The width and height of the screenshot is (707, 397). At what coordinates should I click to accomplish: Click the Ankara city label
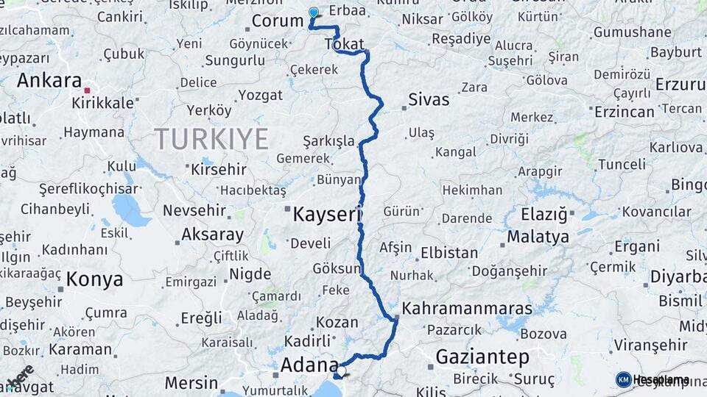click(49, 80)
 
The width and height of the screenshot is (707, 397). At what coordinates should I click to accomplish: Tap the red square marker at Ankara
click(87, 90)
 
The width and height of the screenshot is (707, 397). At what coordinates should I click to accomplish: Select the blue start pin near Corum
click(313, 13)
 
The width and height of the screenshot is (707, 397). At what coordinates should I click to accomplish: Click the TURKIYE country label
click(211, 137)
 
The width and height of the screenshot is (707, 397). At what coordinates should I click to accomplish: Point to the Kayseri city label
click(326, 214)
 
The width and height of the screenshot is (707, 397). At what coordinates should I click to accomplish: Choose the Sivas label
click(428, 99)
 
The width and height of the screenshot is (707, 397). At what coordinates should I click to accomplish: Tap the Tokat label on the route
click(344, 45)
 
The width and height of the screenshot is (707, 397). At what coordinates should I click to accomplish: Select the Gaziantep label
click(482, 357)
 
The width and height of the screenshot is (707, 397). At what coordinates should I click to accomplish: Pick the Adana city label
click(309, 365)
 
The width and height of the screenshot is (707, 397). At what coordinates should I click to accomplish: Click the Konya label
click(94, 279)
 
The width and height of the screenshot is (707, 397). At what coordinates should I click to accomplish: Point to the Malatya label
click(538, 237)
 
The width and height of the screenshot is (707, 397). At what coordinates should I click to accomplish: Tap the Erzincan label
click(624, 112)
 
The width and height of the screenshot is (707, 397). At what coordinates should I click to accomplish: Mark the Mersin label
click(191, 383)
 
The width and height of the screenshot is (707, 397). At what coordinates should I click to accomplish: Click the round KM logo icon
click(624, 379)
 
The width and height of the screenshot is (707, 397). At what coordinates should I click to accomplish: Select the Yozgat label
click(260, 95)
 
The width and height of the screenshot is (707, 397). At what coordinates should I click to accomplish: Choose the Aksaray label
click(212, 235)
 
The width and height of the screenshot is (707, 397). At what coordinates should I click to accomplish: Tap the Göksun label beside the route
click(337, 268)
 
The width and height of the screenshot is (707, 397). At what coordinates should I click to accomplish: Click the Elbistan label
click(449, 252)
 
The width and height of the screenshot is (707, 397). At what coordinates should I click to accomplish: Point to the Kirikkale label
click(102, 102)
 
